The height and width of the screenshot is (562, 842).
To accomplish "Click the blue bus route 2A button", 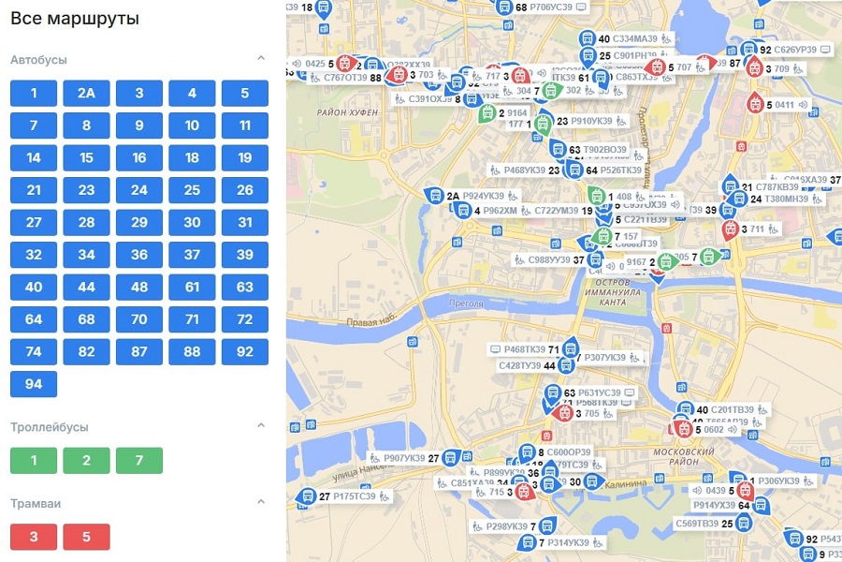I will [x=86, y=93].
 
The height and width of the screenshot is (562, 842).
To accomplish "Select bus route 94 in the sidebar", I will [x=34, y=384].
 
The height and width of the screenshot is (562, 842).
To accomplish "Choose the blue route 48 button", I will [x=139, y=288].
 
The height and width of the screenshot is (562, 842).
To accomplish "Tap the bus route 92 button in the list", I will [x=245, y=352].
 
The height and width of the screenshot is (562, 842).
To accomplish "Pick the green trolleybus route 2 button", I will [x=86, y=461].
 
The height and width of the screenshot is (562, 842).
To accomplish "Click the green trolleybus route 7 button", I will [x=139, y=461].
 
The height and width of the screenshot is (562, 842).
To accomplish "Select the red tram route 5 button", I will [x=86, y=538].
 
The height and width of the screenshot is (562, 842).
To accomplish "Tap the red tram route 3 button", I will [x=34, y=538].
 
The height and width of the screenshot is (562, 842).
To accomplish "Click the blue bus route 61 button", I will [x=192, y=288].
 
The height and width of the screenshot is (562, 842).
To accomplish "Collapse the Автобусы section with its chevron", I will [x=261, y=59].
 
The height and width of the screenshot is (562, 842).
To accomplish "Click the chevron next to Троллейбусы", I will [x=261, y=426].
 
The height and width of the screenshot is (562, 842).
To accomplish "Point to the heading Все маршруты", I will [x=75, y=18].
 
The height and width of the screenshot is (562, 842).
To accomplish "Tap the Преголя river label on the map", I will [x=469, y=303].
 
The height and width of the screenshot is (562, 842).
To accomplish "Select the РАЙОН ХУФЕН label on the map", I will [x=347, y=112].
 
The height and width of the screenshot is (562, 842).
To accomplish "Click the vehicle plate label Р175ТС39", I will [x=355, y=496].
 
